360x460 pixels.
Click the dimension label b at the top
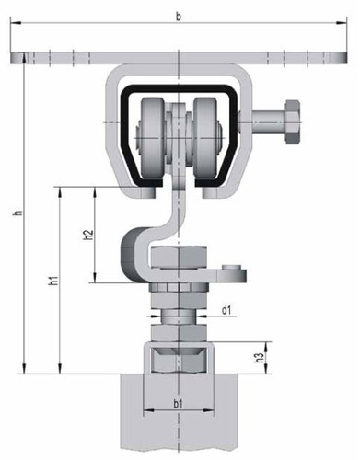[179, 17]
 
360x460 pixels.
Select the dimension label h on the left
[18, 212]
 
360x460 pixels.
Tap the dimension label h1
[54, 280]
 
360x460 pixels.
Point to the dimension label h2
[88, 235]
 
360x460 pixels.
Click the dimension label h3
[260, 358]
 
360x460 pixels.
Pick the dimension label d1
[226, 310]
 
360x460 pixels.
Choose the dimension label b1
[178, 404]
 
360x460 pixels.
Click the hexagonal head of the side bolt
[293, 122]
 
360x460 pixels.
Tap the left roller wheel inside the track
[152, 140]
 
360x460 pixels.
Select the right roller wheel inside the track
[205, 140]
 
